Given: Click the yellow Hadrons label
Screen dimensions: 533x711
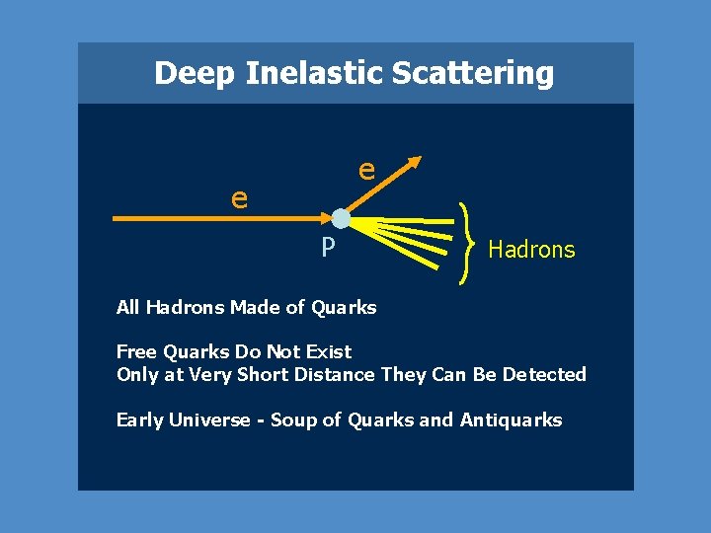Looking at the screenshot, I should point(531,250).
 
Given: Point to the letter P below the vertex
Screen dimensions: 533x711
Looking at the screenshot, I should point(328,246).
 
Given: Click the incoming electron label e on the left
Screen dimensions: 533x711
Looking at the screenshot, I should point(239,197).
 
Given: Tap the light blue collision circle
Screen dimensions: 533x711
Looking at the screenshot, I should point(341,218).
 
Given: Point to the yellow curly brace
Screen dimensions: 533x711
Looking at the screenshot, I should point(465,243).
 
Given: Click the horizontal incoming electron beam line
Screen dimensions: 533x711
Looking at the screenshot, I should point(217,218).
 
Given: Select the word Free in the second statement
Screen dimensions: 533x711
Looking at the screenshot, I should point(135,351).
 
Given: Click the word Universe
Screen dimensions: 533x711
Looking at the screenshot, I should point(209,420).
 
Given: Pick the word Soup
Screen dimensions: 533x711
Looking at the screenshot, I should point(293,420).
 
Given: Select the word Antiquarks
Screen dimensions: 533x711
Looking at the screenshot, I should point(511,420).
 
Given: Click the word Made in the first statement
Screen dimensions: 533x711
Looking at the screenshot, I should point(255,307).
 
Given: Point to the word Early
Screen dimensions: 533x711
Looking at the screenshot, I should point(140,420).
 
